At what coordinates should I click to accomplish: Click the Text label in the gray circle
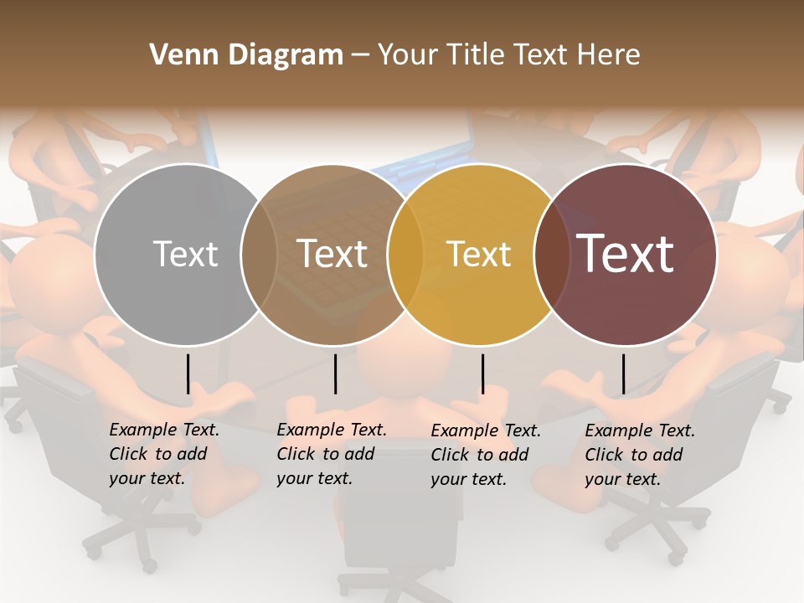tap(185, 254)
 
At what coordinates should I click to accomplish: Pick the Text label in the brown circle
tap(332, 254)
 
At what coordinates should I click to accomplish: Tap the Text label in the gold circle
tap(478, 254)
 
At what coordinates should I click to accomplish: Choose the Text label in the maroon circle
tap(626, 253)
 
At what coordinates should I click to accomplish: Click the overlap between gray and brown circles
tap(259, 255)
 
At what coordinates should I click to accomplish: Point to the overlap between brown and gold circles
tap(405, 255)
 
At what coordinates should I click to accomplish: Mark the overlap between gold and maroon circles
tap(552, 255)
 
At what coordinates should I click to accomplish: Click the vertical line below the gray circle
tap(188, 374)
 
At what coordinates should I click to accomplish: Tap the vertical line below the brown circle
tap(335, 374)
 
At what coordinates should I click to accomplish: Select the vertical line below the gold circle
tap(482, 374)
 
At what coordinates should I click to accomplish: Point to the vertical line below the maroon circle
tap(623, 374)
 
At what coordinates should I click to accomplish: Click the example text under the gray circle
tap(164, 454)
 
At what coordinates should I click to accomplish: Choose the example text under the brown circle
tap(332, 454)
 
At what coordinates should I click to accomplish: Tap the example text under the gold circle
tap(486, 455)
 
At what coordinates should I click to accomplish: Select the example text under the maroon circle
tap(640, 455)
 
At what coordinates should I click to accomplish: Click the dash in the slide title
tap(359, 55)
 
